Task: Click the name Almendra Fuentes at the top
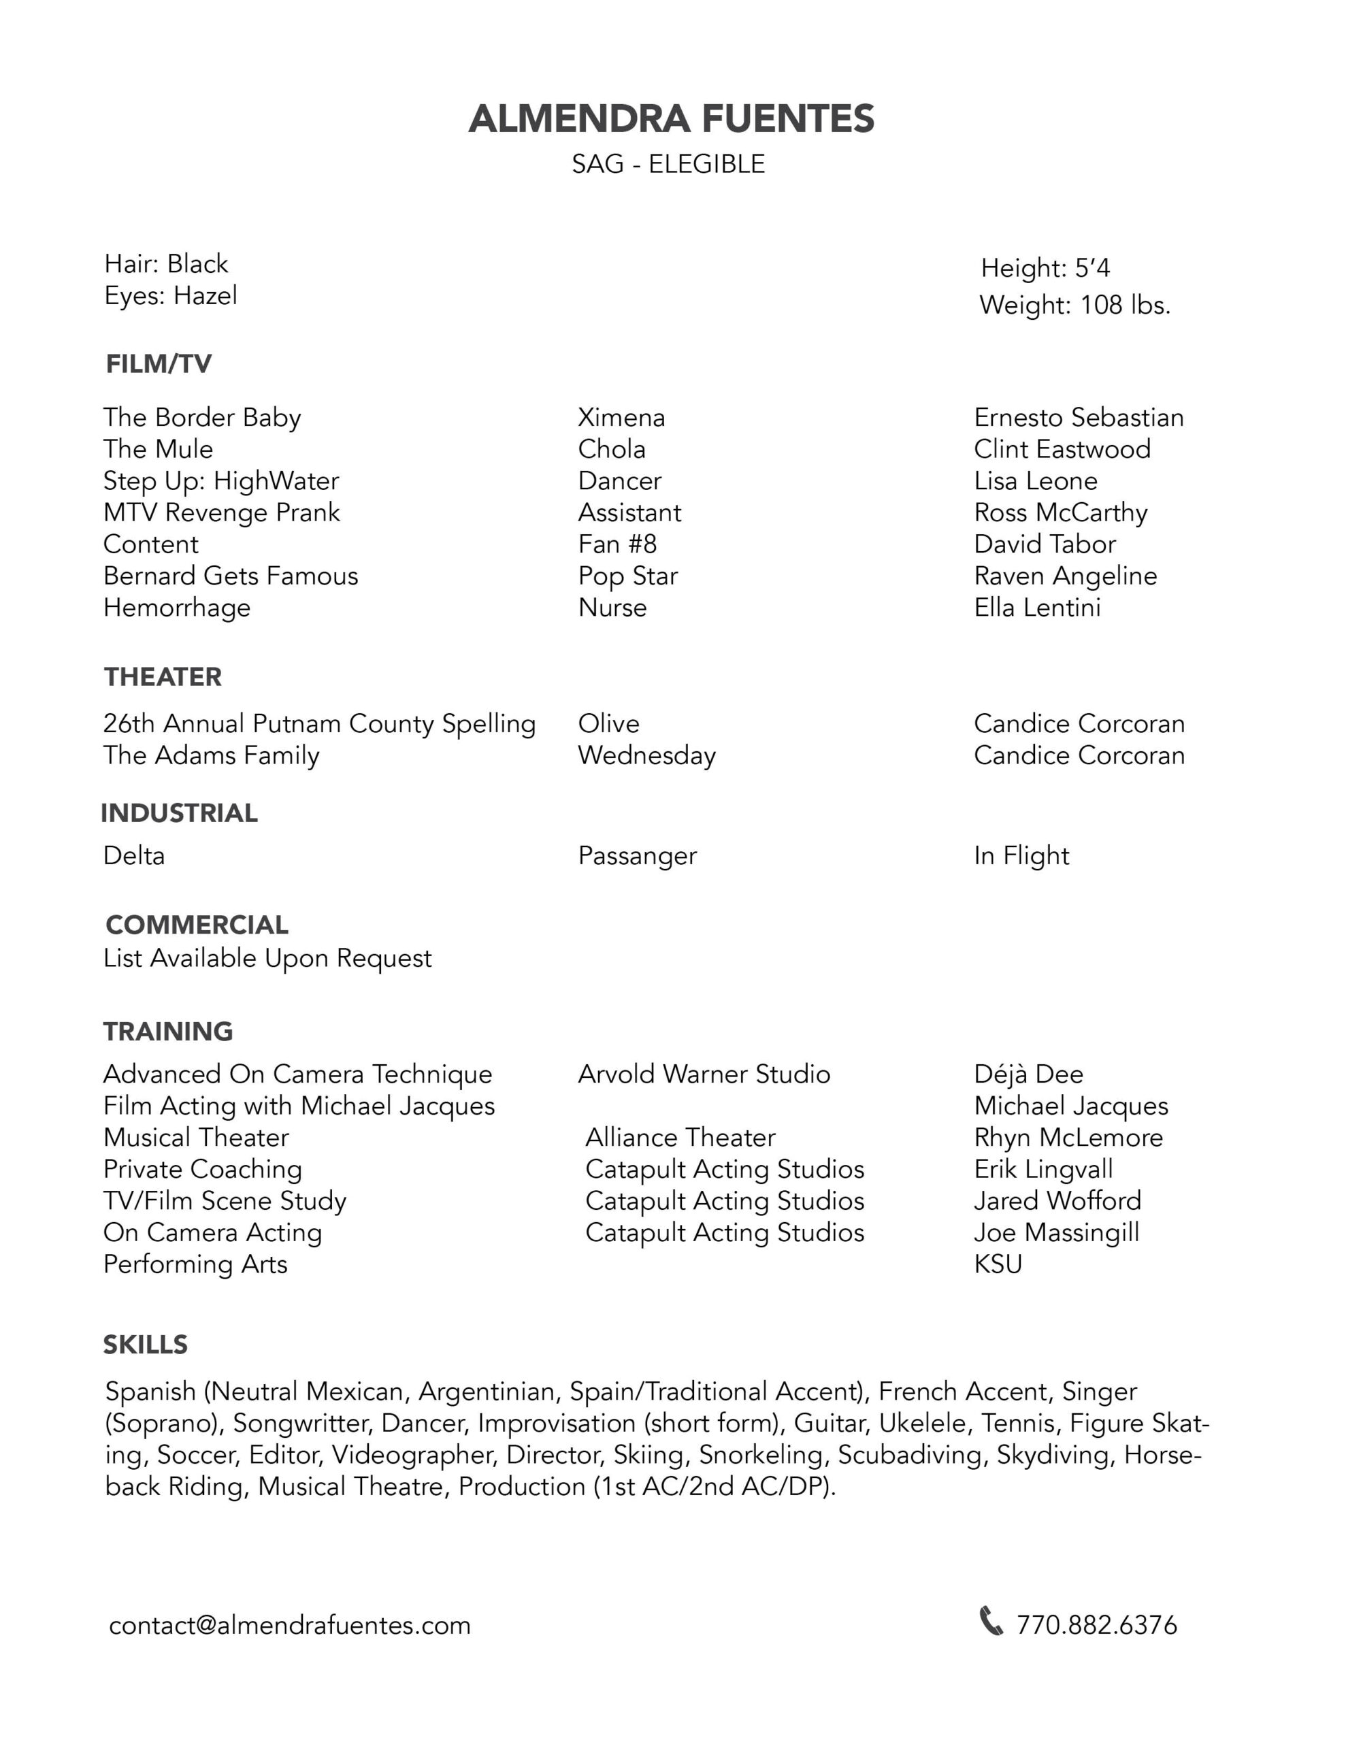[x=671, y=119]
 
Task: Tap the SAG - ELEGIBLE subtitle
[x=668, y=164]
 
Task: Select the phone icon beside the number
[x=990, y=1622]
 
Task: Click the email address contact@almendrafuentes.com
[x=290, y=1625]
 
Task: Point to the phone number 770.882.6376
[x=1096, y=1625]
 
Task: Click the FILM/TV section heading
[x=159, y=364]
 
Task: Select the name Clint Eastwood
[x=1062, y=449]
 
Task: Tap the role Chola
[x=611, y=449]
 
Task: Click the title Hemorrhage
[x=176, y=608]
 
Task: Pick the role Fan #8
[x=617, y=544]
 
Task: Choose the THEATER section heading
[x=163, y=676]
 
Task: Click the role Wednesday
[x=646, y=755]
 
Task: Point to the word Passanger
[x=637, y=856]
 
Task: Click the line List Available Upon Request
[x=267, y=958]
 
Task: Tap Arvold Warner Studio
[x=704, y=1074]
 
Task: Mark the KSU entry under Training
[x=998, y=1264]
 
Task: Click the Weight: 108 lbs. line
[x=1074, y=305]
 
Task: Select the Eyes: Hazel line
[x=171, y=296]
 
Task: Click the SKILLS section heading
[x=145, y=1344]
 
